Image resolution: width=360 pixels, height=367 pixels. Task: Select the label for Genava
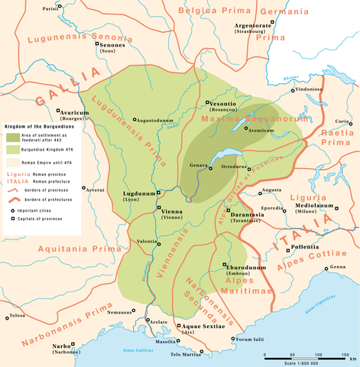coord(199,164)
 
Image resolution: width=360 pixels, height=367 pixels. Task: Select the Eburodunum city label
coord(245,266)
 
